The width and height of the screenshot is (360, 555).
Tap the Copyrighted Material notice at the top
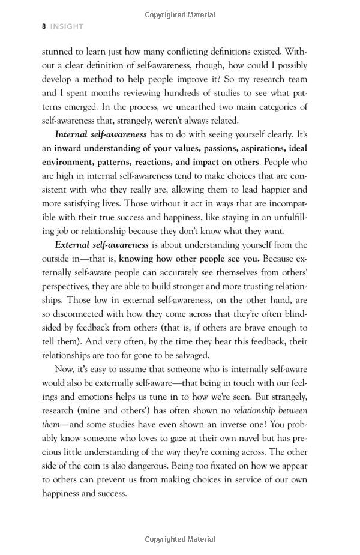(179, 13)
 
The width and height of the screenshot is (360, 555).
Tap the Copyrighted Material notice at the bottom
(179, 539)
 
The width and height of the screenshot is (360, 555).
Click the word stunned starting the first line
(58, 52)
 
